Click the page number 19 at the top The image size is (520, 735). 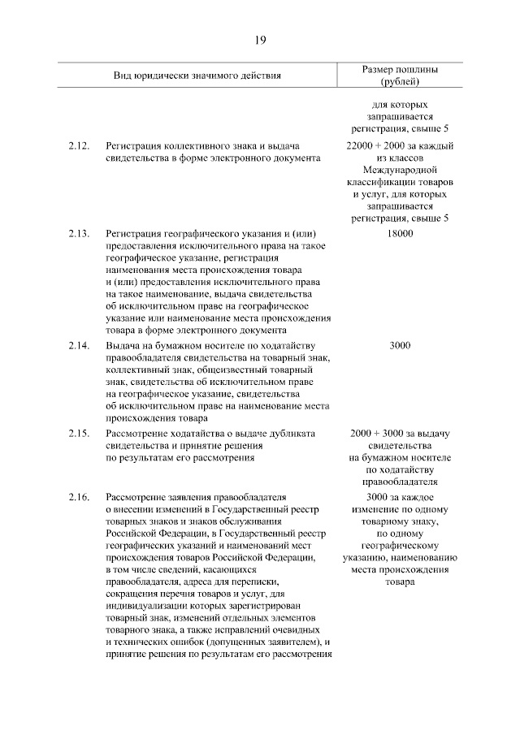pos(260,41)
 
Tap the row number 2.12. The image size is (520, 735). pos(79,145)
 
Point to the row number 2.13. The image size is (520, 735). pos(79,233)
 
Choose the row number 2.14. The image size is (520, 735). pos(79,346)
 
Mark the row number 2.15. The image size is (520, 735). pos(79,434)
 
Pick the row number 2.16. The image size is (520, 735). pos(79,496)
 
